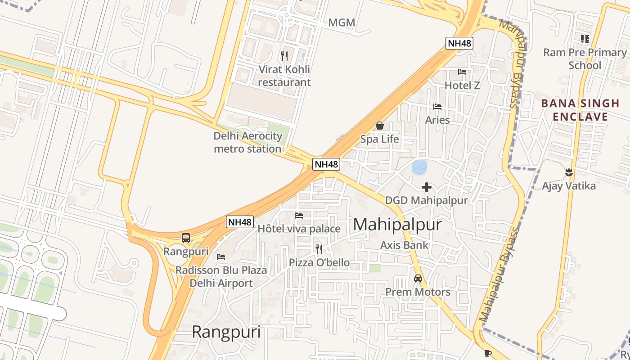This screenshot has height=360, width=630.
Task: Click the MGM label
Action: tap(342, 22)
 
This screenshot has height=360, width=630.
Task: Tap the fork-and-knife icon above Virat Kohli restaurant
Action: tap(284, 56)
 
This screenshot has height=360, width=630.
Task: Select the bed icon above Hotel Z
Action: tap(462, 72)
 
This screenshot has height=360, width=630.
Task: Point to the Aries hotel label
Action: tap(437, 120)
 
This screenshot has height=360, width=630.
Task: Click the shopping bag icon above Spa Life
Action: tap(380, 126)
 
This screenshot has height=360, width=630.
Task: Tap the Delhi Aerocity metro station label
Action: tap(248, 142)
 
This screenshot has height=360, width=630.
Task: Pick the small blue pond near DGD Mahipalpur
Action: tap(420, 167)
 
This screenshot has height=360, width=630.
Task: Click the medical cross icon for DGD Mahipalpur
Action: tap(427, 187)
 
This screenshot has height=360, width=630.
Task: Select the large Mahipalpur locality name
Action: tap(397, 225)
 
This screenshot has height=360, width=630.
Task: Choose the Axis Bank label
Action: tap(404, 245)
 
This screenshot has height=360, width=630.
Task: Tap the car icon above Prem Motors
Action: tap(418, 279)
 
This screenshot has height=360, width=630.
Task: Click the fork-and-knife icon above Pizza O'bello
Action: tap(319, 249)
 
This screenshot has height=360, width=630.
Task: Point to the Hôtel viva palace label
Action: tap(299, 229)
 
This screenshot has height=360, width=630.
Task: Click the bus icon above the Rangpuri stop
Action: tap(186, 238)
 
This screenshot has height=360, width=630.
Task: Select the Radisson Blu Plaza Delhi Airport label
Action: tap(221, 277)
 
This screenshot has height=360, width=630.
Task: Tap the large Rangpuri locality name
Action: tap(226, 332)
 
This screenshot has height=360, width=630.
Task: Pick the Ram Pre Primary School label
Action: tap(585, 59)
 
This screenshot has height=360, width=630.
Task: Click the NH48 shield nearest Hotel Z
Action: tap(459, 43)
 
